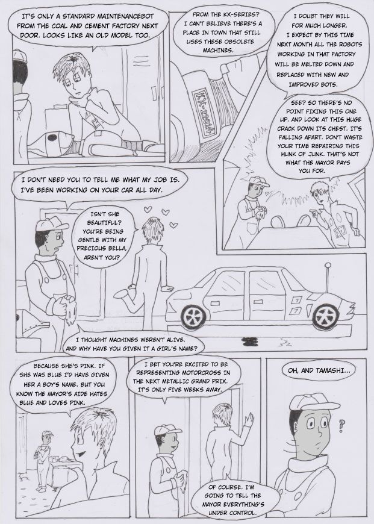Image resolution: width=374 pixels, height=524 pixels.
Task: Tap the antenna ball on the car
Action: tap(328, 265)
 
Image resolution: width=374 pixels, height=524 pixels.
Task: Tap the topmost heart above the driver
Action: tap(148, 210)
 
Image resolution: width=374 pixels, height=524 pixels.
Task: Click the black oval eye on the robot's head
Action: tap(52, 137)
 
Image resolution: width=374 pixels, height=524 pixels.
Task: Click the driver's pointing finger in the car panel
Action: tap(312, 211)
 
